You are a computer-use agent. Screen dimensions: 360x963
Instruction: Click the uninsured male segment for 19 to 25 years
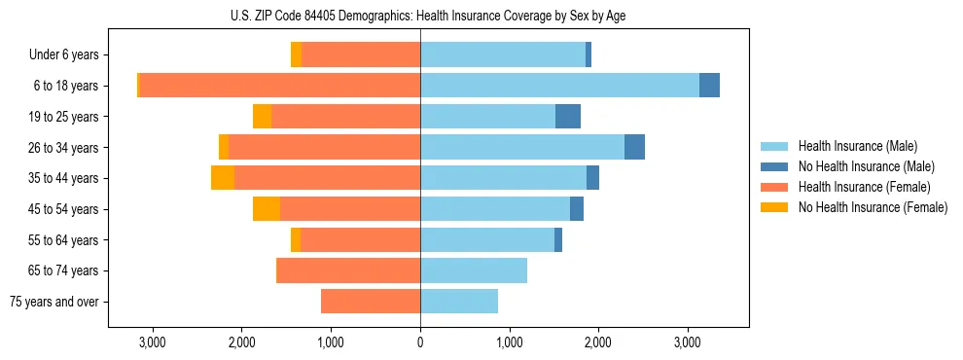point(568,117)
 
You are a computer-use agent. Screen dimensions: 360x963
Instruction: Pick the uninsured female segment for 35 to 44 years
point(223,178)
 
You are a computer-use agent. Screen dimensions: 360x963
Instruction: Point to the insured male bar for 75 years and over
point(459,302)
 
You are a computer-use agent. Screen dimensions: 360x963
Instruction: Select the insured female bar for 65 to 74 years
point(349,270)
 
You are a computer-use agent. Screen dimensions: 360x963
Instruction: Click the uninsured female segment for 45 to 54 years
point(267,209)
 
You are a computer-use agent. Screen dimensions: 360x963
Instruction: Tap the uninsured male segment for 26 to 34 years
point(634,147)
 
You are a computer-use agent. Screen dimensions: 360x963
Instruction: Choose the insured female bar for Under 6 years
point(361,54)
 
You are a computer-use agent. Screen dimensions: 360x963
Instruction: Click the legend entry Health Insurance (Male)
point(857,146)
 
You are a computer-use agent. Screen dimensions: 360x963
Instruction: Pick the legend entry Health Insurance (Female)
point(863,187)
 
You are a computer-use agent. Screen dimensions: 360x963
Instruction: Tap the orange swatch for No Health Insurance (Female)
point(775,207)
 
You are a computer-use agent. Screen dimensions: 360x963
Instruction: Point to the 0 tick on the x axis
point(420,342)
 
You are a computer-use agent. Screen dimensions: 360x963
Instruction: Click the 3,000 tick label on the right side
point(687,342)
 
